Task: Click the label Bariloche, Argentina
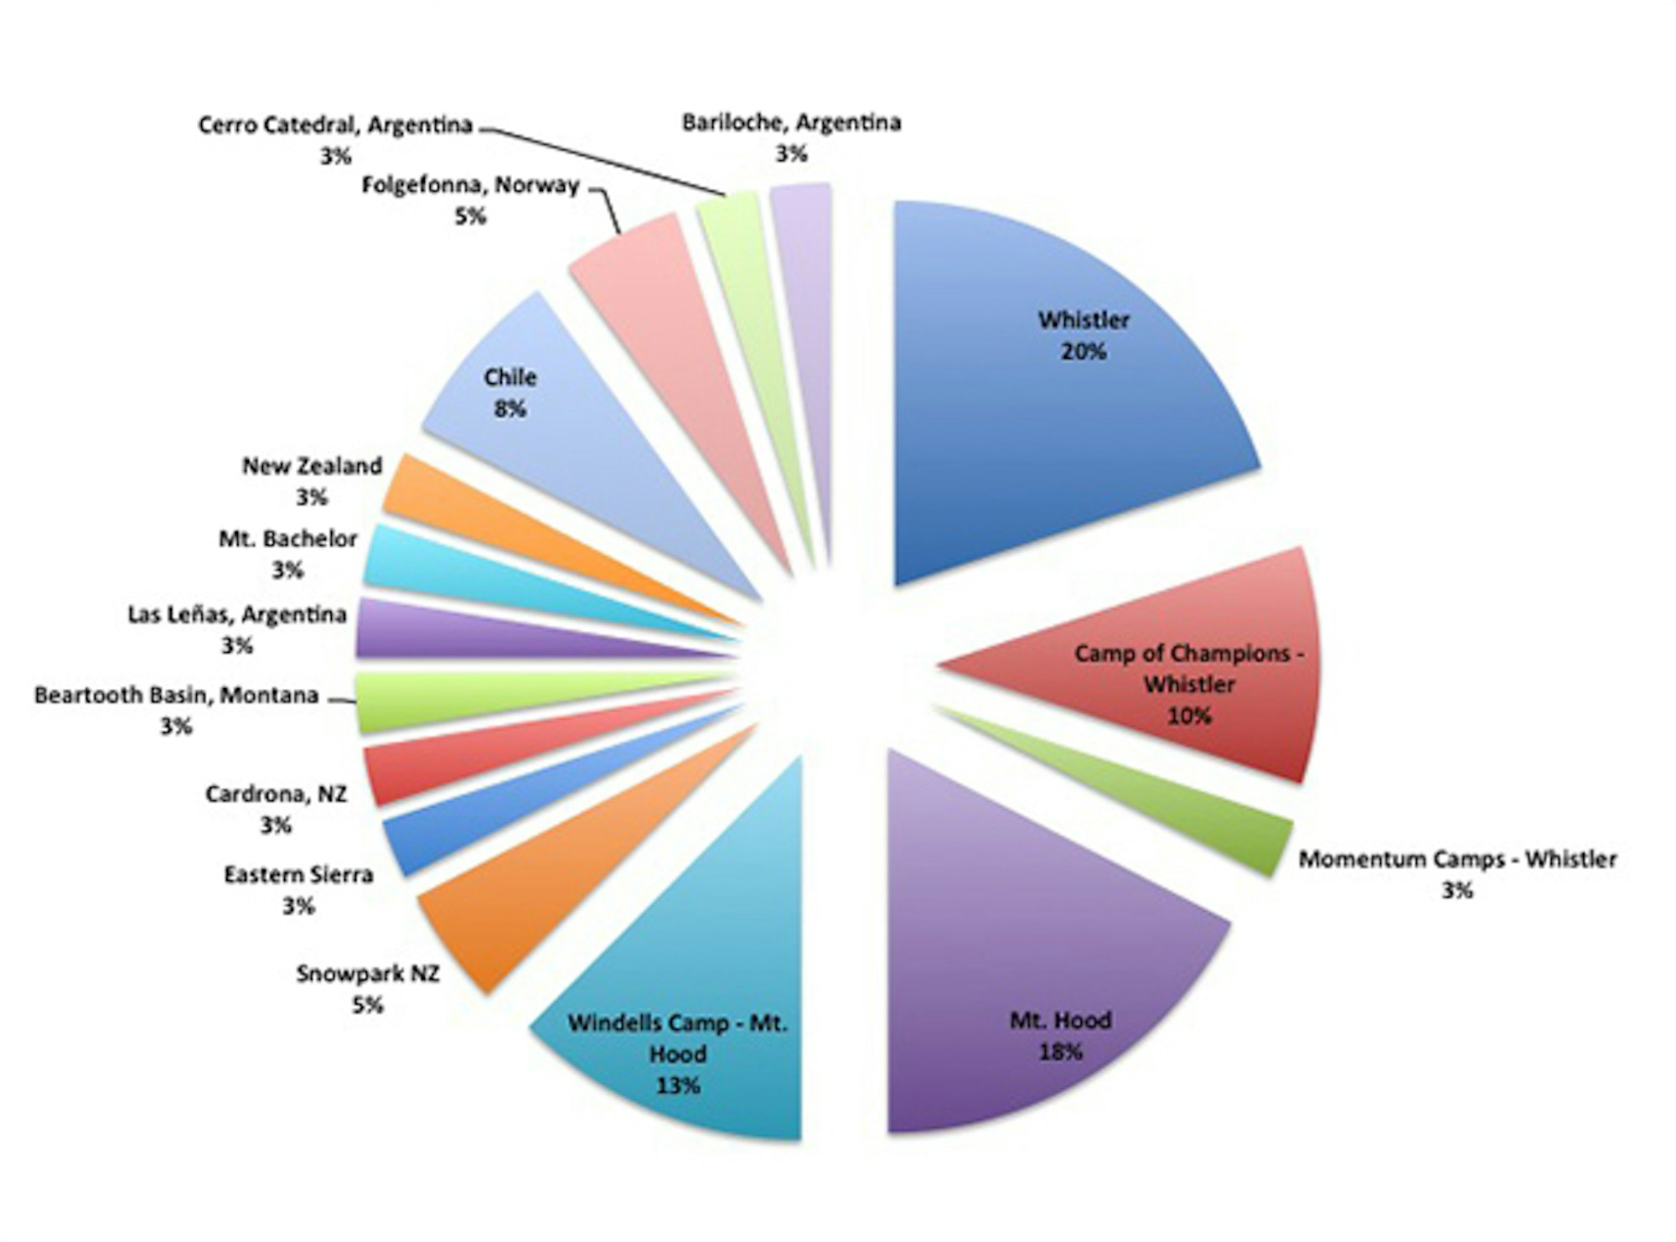791,123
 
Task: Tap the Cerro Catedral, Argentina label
335,126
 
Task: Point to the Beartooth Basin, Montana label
176,696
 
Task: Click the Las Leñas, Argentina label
237,615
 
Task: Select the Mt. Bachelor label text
287,539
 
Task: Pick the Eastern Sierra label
298,875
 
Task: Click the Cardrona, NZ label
276,794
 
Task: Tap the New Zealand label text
312,466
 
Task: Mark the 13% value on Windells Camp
677,1085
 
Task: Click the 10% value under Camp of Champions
1189,716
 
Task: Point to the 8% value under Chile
510,409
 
